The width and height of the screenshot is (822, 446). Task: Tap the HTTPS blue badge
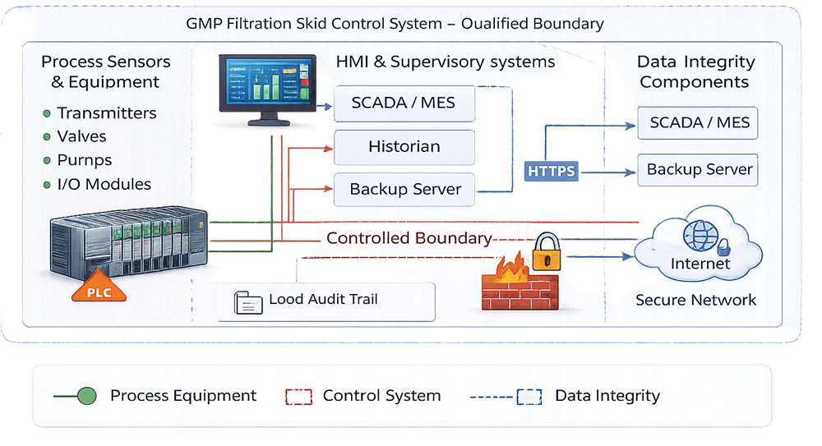coord(551,171)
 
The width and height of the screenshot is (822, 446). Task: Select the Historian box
coord(404,147)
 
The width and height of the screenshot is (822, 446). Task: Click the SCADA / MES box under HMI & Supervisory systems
coord(404,104)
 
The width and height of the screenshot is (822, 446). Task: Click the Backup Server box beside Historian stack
coord(404,190)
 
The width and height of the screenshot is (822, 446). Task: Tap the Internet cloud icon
coord(700,246)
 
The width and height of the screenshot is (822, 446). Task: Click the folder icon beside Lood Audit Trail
coord(247,302)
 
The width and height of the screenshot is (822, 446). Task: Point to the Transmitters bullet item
coord(106,113)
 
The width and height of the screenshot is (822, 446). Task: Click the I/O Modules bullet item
coord(104,184)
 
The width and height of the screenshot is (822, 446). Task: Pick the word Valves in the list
coord(81,136)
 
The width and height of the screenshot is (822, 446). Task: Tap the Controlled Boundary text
coord(409,238)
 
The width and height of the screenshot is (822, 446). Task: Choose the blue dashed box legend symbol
coord(529,397)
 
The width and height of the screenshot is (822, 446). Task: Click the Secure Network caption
coord(695,300)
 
